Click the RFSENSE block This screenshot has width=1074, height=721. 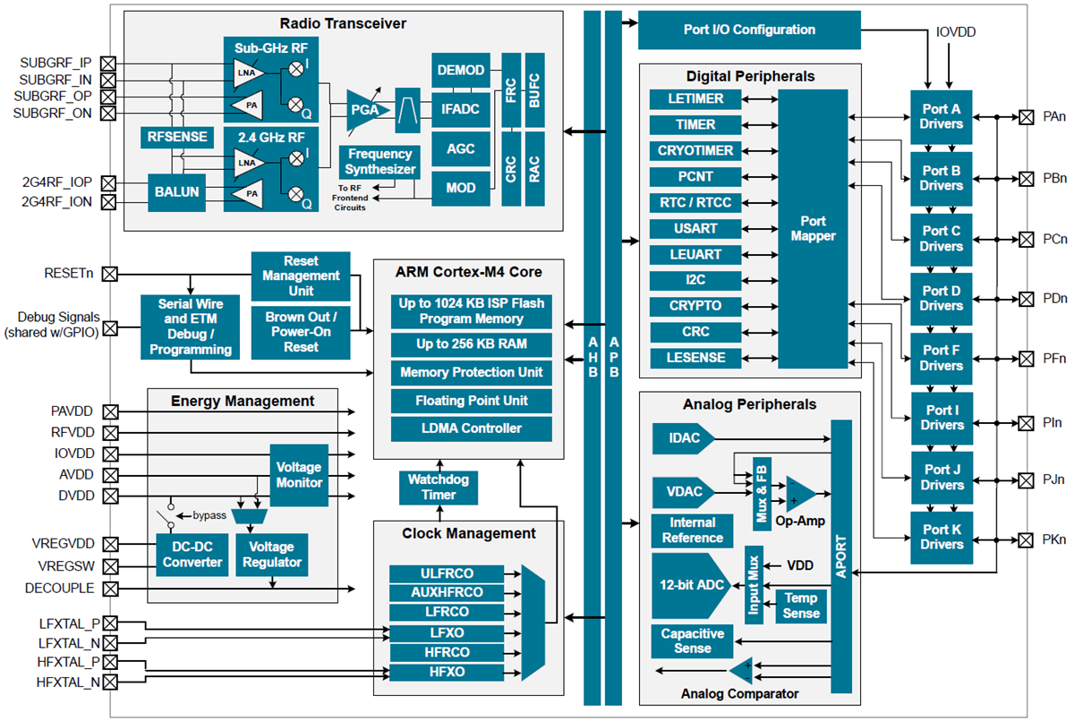[178, 137]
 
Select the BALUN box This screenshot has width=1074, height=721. [178, 191]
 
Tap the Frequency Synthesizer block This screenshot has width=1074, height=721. [380, 162]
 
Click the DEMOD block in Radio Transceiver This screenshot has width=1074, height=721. [461, 71]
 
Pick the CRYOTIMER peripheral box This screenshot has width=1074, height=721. [695, 151]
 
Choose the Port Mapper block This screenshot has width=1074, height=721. [813, 228]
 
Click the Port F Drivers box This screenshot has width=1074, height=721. [941, 358]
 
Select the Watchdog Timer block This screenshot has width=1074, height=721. [439, 488]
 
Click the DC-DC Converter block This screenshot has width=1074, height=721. [192, 555]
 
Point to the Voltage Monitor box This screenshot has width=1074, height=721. [299, 475]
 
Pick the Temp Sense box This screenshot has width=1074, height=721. [801, 606]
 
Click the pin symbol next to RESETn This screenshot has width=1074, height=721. [110, 274]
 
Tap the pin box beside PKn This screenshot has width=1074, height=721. [1027, 540]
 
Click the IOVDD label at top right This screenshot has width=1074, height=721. [956, 32]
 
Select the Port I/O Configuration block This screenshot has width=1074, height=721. [749, 30]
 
